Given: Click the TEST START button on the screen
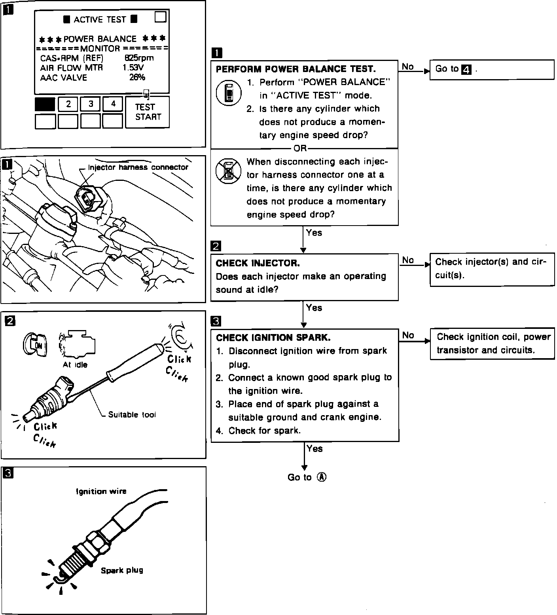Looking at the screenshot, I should tap(147, 112).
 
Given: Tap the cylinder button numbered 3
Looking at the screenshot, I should tap(91, 104).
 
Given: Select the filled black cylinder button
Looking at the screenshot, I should tap(45, 104).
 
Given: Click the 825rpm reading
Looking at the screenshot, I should tap(139, 58).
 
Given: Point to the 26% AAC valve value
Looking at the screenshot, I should tap(137, 78).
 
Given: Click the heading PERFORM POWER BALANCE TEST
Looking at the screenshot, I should tap(296, 69).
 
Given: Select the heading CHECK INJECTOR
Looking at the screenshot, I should tap(258, 263).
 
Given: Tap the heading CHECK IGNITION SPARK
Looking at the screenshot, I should tap(273, 338).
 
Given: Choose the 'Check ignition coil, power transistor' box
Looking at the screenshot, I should tap(493, 344).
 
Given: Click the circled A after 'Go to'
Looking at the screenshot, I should tap(322, 477).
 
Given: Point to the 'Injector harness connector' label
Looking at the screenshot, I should tap(138, 167).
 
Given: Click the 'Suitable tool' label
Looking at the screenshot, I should tap(132, 415).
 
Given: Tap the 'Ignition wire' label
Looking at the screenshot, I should tap(101, 492).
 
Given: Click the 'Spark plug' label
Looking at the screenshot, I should tap(122, 570).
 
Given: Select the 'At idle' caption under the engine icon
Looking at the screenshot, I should tap(75, 365).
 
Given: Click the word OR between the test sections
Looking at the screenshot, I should tap(300, 148).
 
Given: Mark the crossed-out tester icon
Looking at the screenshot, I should tap(228, 171).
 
